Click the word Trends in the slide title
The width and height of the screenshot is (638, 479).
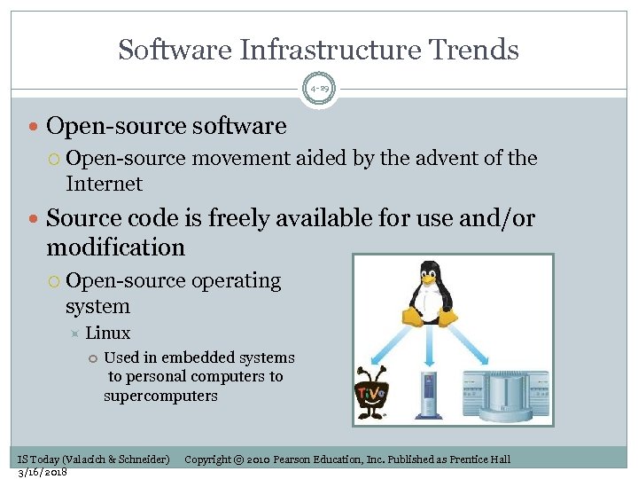[x=471, y=50]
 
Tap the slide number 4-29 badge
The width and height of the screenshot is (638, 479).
[x=319, y=89]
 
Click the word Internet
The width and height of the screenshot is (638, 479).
[x=104, y=184]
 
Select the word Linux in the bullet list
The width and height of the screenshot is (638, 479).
[x=107, y=334]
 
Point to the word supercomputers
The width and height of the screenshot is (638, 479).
[x=160, y=396]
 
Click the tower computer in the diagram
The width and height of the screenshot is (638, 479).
[x=430, y=397]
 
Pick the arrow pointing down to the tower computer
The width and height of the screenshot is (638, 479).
[x=430, y=346]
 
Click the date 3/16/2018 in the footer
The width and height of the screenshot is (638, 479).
[x=43, y=472]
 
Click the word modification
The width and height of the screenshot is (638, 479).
[x=115, y=247]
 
